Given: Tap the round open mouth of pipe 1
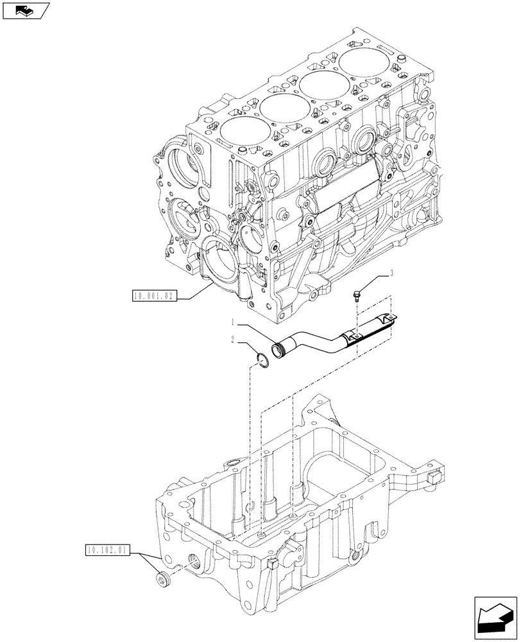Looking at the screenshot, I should (x=278, y=352).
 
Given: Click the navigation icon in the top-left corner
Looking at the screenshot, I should (x=25, y=10).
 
